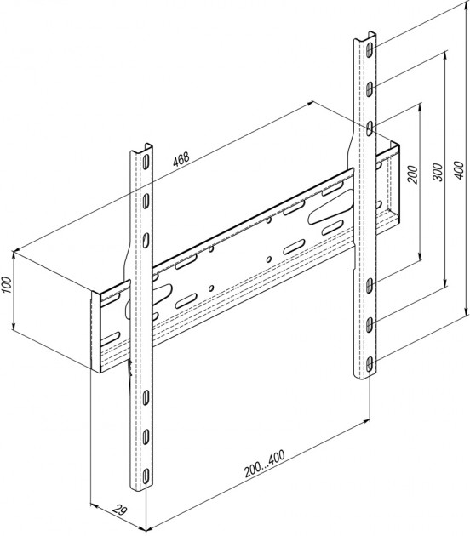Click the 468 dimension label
(x=181, y=158)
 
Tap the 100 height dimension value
(x=7, y=285)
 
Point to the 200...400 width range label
(x=264, y=464)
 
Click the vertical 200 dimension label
(x=414, y=174)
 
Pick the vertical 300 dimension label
(x=438, y=172)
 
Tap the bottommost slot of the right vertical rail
(x=370, y=365)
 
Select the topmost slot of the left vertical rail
(x=146, y=162)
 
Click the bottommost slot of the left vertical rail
(x=146, y=476)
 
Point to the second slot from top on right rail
(x=370, y=88)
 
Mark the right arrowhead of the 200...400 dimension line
(x=366, y=420)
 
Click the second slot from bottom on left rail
(x=146, y=436)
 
